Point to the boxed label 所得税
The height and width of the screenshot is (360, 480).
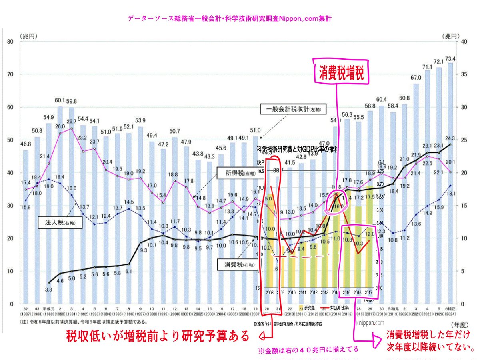pos(234,173)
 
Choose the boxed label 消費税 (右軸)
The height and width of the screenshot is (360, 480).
pos(236,264)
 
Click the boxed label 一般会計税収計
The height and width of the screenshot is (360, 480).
pos(294,108)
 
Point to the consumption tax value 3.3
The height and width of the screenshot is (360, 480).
pos(48,289)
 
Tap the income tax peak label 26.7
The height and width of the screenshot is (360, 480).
pos(72,122)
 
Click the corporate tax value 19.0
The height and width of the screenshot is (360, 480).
pos(48,186)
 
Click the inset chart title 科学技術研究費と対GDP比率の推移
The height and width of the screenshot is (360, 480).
pos(298,149)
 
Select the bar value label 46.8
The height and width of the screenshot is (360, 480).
pos(26,144)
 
